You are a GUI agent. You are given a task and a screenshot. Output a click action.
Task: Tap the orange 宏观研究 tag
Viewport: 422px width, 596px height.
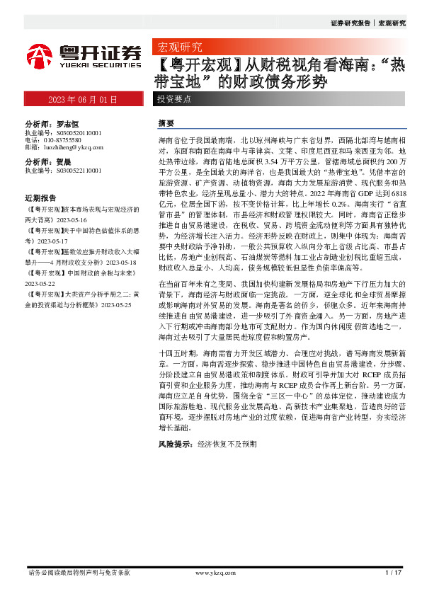[176, 48]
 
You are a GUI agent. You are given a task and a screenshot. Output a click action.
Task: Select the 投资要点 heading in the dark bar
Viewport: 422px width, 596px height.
[175, 100]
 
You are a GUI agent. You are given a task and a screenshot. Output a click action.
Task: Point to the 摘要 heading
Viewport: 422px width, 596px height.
[166, 123]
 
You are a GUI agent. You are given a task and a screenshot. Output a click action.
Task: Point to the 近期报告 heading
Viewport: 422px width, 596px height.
[40, 197]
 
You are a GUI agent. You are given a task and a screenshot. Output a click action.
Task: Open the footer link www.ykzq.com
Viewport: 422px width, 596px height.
[210, 573]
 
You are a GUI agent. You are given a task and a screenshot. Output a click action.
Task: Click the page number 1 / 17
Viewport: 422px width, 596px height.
[394, 573]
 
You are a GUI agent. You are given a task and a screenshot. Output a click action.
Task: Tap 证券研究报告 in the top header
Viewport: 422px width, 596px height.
[350, 23]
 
